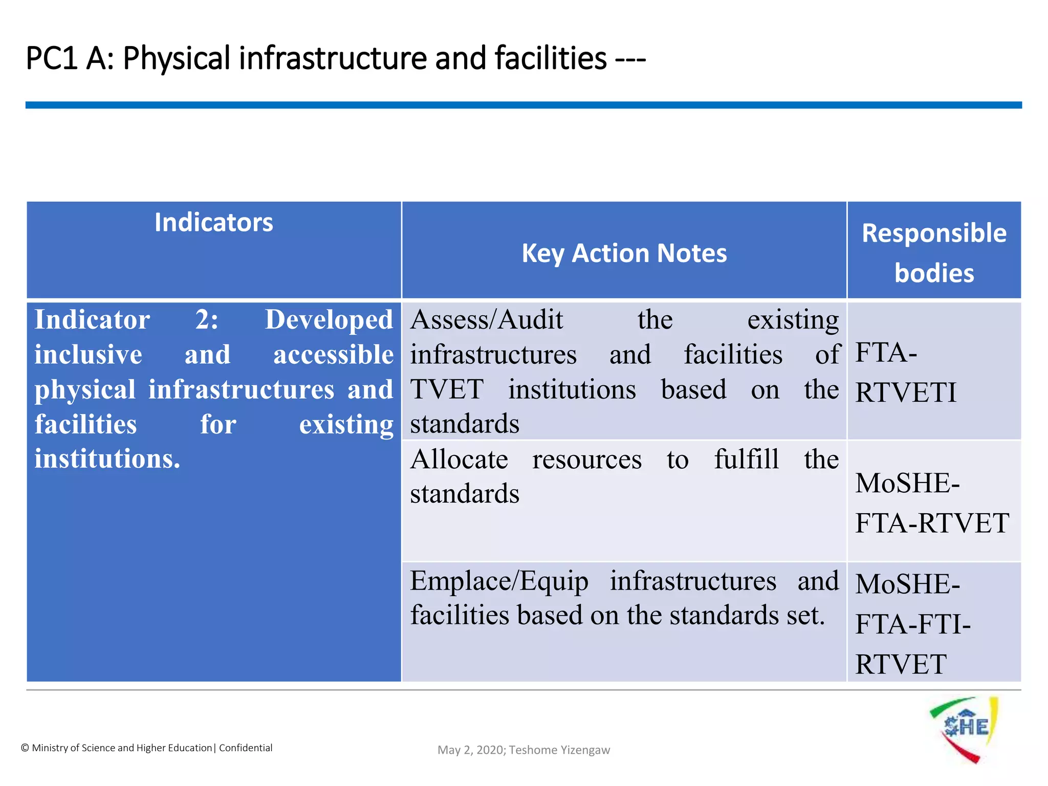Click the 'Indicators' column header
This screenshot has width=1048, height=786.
(214, 223)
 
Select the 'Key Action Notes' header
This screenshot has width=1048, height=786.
(624, 253)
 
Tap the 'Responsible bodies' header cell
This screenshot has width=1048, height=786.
(934, 253)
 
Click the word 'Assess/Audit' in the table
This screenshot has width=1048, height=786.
(487, 320)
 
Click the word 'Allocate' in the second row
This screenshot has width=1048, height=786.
(459, 459)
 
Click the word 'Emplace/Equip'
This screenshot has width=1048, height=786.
(499, 581)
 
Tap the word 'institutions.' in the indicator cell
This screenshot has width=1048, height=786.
(107, 458)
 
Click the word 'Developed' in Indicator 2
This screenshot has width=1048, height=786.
(329, 320)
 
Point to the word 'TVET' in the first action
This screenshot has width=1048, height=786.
(447, 389)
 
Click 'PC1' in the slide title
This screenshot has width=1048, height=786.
(51, 58)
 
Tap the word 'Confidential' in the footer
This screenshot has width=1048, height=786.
(246, 748)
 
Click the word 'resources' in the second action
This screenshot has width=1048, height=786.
(587, 459)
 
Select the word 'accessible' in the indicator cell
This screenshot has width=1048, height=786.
(333, 355)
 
